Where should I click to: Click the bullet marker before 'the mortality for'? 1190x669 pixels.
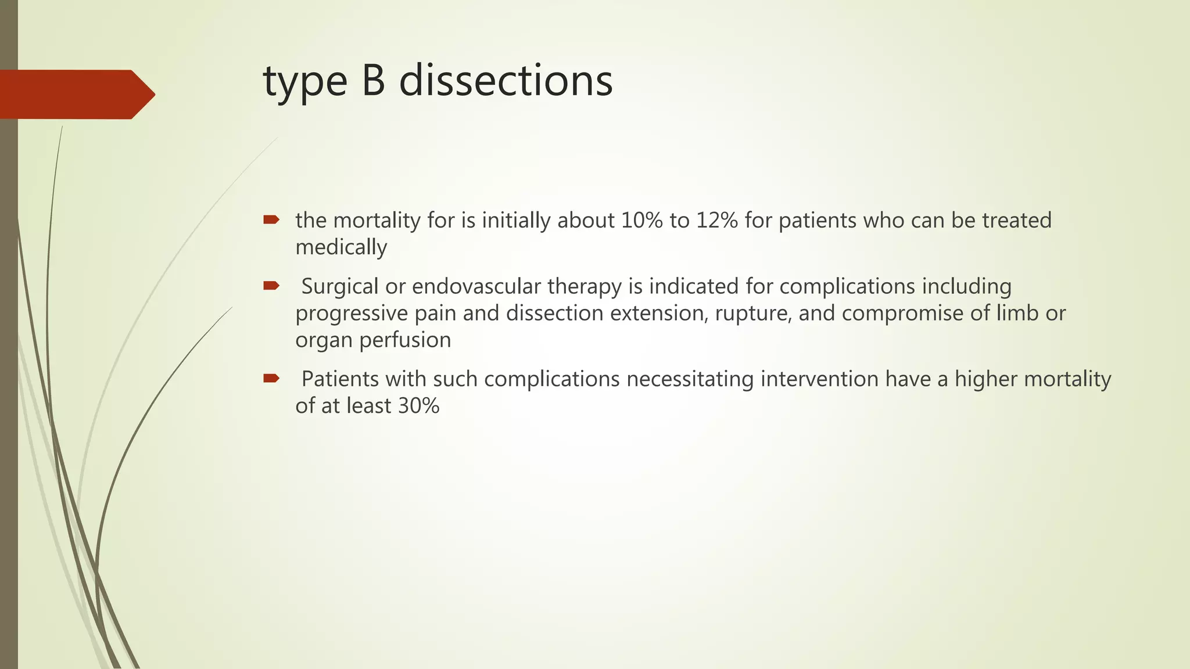point(271,220)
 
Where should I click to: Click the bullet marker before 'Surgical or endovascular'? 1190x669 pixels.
point(271,285)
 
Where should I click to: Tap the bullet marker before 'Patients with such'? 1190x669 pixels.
point(271,379)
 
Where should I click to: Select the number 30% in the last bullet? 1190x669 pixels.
point(418,405)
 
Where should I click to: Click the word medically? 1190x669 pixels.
point(341,248)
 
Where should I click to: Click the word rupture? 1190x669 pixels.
point(753,314)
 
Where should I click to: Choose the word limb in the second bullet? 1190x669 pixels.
point(1017,314)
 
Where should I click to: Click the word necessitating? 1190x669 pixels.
point(690,379)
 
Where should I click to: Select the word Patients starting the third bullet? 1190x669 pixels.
point(340,379)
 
